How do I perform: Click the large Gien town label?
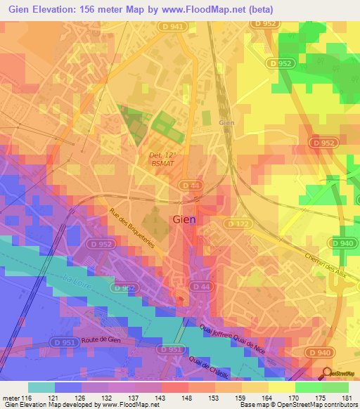(184, 219)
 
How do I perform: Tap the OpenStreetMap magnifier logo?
(327, 374)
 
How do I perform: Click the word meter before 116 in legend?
(10, 398)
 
